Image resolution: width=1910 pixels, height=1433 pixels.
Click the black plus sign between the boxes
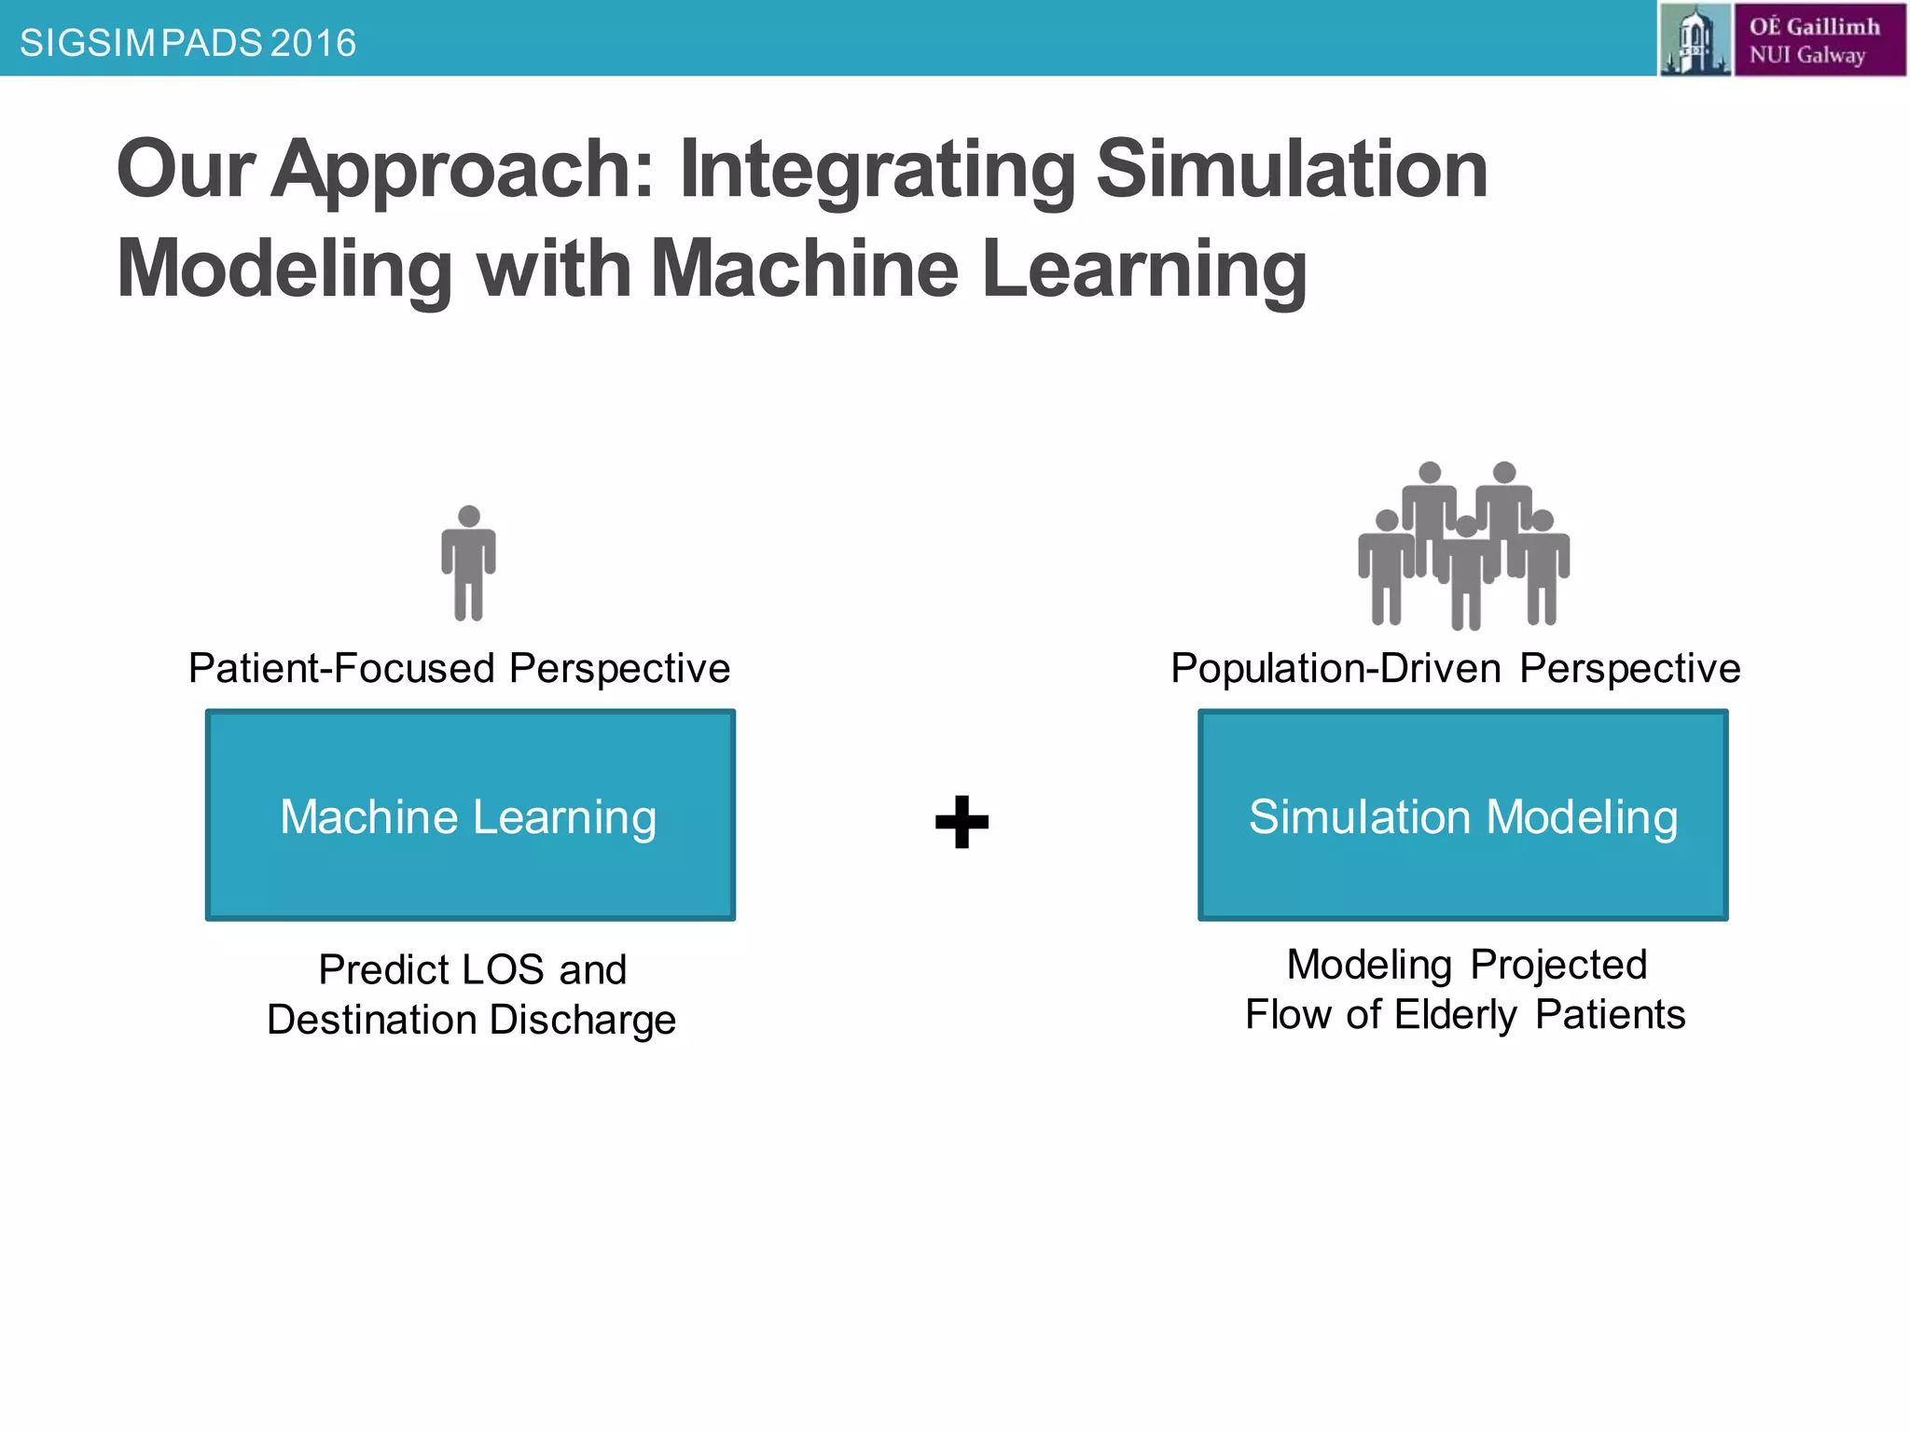coord(962,822)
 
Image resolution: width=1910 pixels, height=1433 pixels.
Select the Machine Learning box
coord(470,815)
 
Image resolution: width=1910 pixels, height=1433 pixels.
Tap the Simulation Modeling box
coord(1462,815)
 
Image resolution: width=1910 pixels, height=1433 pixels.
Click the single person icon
coord(468,563)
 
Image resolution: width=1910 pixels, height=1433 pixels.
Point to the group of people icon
coord(1464,546)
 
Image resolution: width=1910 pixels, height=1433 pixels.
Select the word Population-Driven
coord(1336,669)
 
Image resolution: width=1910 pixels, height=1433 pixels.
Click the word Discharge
coord(582,1021)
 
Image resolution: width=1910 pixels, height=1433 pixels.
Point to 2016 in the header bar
coord(313,43)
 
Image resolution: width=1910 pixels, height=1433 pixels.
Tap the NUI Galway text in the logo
coord(1806,55)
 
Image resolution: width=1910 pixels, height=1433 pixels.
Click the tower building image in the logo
coord(1695,39)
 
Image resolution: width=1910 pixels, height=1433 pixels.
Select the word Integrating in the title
coord(877,170)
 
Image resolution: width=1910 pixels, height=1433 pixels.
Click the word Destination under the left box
coord(371,1021)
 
